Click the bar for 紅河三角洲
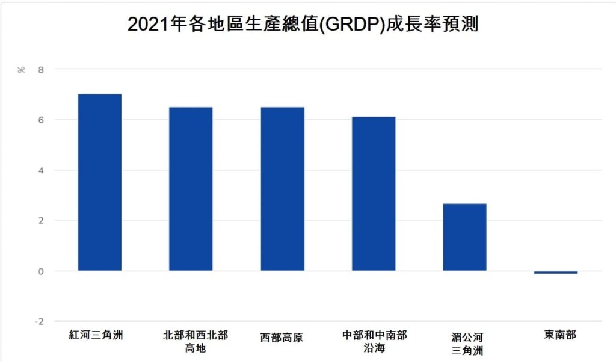tap(100, 182)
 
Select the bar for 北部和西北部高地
tap(191, 189)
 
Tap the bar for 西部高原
tap(282, 189)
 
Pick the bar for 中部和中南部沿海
tap(374, 194)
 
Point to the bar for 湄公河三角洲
tap(464, 237)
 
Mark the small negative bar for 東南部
tap(556, 273)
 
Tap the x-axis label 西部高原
tap(282, 338)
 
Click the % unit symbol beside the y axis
tap(21, 70)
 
